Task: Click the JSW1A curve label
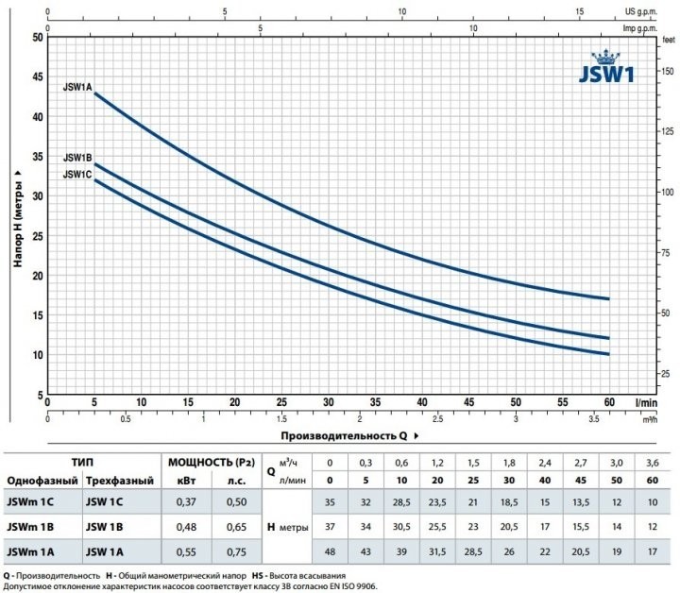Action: click(76, 87)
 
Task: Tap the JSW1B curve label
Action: click(76, 158)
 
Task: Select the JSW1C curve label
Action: click(76, 174)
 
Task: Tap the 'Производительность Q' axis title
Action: click(343, 436)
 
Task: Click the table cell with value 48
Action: click(330, 551)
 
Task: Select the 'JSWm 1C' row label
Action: click(31, 500)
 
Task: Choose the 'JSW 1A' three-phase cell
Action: click(109, 551)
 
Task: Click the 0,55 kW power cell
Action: click(183, 551)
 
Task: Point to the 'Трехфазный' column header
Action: click(119, 481)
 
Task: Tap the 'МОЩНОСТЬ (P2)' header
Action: click(207, 463)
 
